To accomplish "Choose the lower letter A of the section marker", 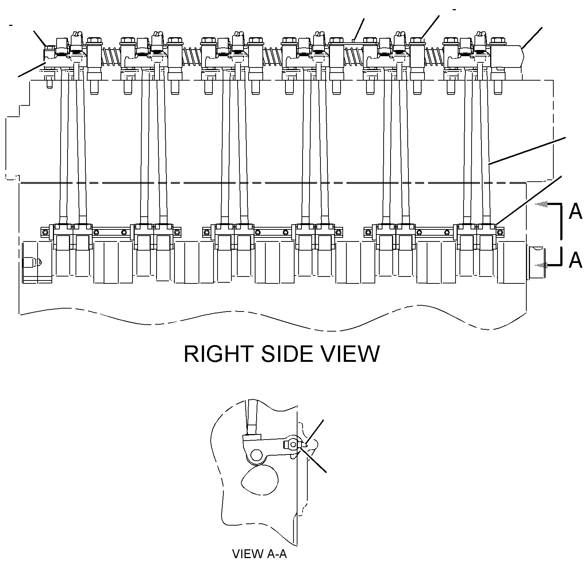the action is [x=576, y=260].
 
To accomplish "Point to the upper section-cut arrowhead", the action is [x=542, y=205].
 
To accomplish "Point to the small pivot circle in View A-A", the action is [x=292, y=445].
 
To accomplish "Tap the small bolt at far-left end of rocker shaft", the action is [x=50, y=48].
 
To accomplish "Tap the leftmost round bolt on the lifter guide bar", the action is [x=45, y=232].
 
